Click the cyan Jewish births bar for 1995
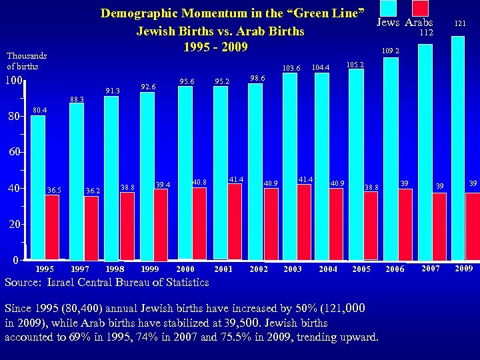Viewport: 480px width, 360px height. [38, 187]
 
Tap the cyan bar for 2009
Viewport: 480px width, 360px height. [457, 147]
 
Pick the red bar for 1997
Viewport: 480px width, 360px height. [91, 227]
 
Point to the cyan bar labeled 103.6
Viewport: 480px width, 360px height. [290, 166]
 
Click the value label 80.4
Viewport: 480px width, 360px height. [41, 110]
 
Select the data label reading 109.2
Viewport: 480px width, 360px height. [390, 51]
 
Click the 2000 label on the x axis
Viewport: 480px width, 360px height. [185, 269]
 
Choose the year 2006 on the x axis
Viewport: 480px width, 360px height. [395, 269]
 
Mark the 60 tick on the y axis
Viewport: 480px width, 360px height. [15, 153]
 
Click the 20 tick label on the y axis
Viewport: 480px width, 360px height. [15, 225]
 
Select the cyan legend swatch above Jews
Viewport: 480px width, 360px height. [391, 8]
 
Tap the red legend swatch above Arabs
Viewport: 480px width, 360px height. [419, 8]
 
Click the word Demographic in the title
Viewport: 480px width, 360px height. [139, 13]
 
